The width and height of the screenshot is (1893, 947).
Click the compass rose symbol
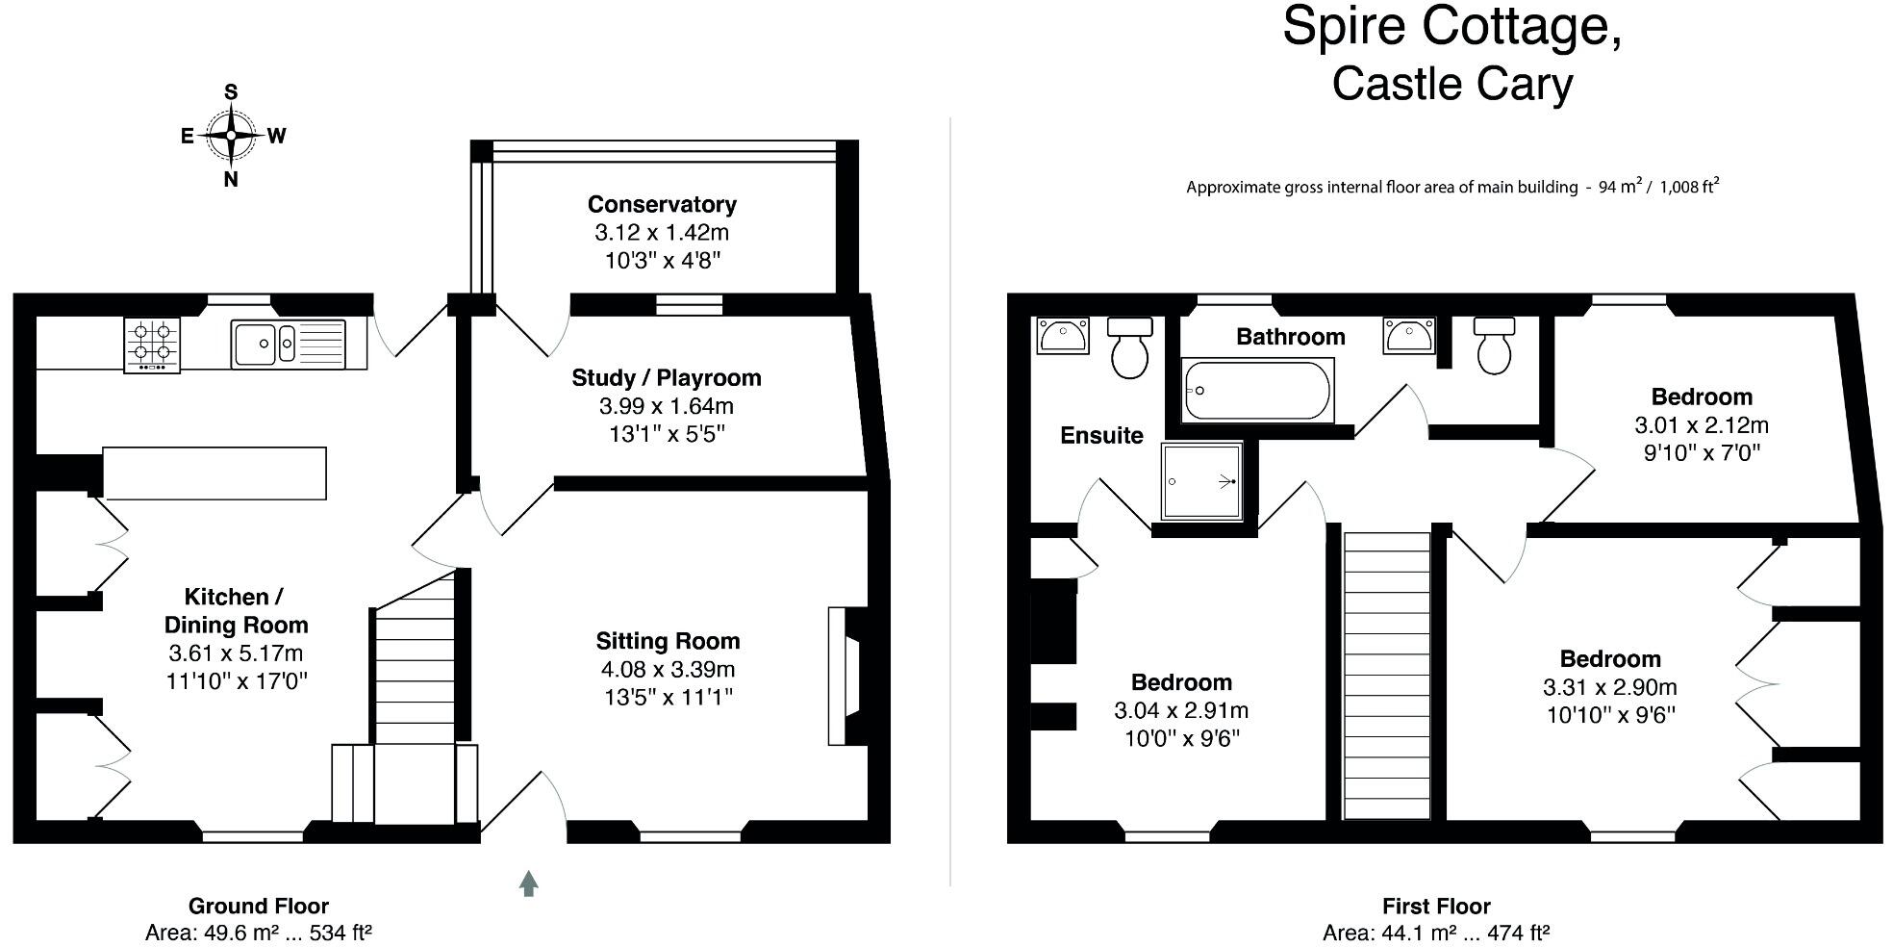231,136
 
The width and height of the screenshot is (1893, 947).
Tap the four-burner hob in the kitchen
152,344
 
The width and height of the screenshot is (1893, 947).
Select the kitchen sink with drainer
288,343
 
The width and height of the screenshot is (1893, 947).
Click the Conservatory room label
662,204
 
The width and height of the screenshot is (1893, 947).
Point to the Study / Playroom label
666,377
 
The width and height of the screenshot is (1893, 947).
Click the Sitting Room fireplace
846,675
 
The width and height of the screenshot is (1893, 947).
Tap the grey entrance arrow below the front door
528,883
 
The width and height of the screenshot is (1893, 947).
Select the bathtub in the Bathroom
1258,390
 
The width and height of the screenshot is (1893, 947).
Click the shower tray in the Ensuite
1201,480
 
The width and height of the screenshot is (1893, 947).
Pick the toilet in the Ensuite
1129,347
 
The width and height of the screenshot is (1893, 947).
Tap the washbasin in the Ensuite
1062,336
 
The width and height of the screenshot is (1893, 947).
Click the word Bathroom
1290,337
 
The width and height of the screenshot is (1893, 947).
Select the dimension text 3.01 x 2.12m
1701,424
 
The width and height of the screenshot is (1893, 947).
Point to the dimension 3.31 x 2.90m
1609,687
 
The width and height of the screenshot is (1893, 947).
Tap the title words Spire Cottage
1451,26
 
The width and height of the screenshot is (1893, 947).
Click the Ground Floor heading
258,906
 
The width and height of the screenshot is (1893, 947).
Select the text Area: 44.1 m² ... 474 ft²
1435,933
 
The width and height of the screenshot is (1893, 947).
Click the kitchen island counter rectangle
215,473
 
